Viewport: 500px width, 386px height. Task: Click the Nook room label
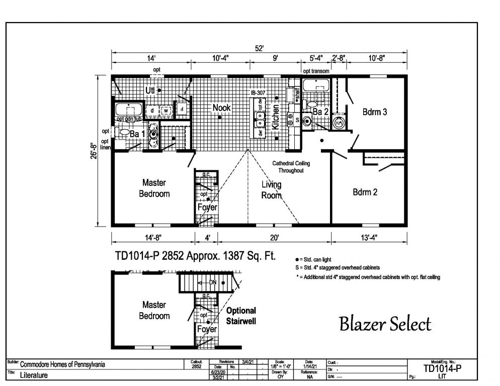point(221,108)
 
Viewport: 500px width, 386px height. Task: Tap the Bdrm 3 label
point(375,112)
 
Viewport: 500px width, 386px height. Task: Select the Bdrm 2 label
point(365,191)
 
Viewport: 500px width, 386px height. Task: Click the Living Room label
point(271,190)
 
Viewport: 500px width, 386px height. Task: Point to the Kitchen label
point(276,117)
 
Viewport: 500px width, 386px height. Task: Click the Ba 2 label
point(320,112)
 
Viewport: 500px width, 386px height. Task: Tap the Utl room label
point(150,90)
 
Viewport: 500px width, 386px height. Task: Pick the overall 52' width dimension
point(259,48)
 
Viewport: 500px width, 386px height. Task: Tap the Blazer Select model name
point(385,324)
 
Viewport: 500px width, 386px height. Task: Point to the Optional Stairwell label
point(241,315)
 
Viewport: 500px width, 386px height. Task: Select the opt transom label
point(316,71)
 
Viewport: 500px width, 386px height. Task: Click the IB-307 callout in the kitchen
point(258,93)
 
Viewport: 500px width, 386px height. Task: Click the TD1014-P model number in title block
point(442,368)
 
